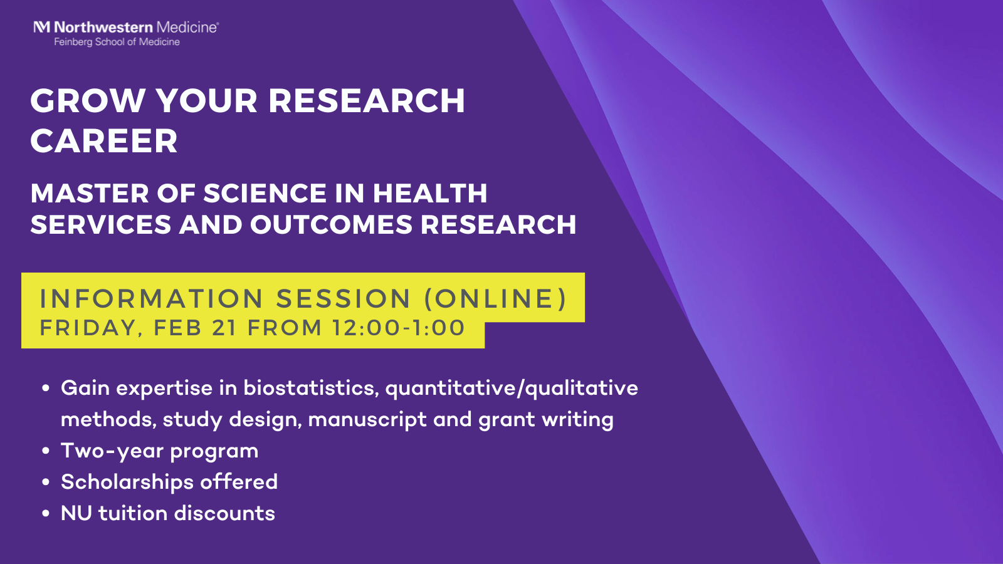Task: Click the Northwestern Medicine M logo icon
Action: pos(41,28)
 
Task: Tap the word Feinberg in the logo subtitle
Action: pos(73,42)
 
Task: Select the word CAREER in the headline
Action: pos(104,140)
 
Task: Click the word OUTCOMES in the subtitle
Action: pos(331,224)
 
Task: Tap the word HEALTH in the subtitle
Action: pos(430,194)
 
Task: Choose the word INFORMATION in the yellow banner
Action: pos(151,298)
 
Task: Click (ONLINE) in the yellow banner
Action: pos(495,298)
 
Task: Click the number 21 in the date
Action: pos(224,327)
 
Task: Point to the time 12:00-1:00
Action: pos(399,327)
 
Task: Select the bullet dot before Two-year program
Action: pos(45,451)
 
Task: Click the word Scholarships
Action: pos(127,482)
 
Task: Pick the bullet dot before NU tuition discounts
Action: pos(45,513)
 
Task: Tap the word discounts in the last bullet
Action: pos(224,513)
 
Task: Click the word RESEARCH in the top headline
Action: pos(367,100)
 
